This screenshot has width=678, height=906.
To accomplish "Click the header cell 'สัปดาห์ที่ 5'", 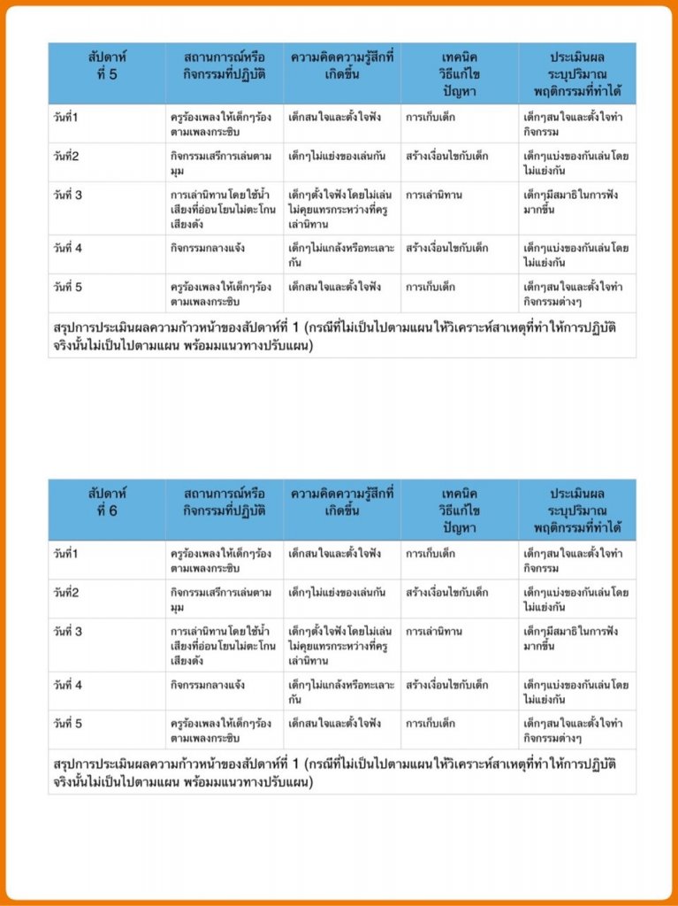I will pyautogui.click(x=106, y=66).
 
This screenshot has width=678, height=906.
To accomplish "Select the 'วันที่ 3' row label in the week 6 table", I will pyautogui.click(x=68, y=632).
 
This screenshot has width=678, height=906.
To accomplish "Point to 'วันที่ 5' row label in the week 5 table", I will pyautogui.click(x=68, y=287).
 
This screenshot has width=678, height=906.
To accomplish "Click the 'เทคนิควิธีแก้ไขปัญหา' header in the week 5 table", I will pyautogui.click(x=458, y=66).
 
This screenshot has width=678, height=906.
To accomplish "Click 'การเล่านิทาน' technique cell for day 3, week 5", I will pyautogui.click(x=434, y=195).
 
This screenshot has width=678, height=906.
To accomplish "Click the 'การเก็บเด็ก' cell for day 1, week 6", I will pyautogui.click(x=430, y=554).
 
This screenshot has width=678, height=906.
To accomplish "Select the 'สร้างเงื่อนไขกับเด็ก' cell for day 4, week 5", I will pyautogui.click(x=447, y=249).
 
